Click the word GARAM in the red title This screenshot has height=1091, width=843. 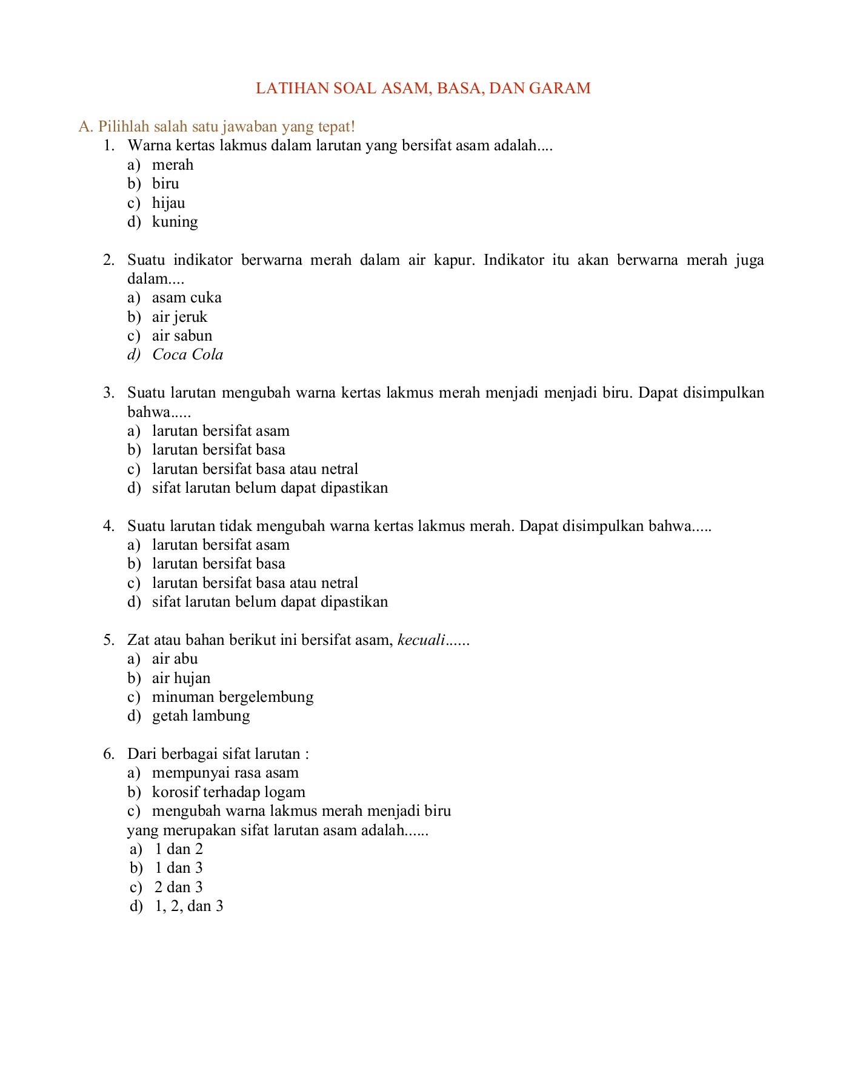559,88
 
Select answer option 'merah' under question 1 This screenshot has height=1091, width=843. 173,165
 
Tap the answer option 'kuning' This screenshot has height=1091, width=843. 175,222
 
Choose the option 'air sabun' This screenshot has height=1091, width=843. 182,336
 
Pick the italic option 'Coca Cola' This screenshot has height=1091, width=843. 187,355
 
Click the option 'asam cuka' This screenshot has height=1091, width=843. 187,298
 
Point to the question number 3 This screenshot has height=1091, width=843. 108,393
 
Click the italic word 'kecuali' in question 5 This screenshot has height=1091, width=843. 421,640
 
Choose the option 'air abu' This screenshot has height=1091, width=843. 175,659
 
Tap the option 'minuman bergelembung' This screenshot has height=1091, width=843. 233,697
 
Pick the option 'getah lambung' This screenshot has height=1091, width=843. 201,716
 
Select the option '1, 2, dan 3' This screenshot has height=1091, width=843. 189,906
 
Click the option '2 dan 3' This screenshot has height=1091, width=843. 179,887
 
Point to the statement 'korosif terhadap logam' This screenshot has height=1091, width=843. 228,792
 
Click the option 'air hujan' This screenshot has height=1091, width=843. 181,678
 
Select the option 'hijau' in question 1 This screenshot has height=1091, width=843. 168,203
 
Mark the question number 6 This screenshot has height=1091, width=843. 108,754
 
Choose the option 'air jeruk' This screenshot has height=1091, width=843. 179,317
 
